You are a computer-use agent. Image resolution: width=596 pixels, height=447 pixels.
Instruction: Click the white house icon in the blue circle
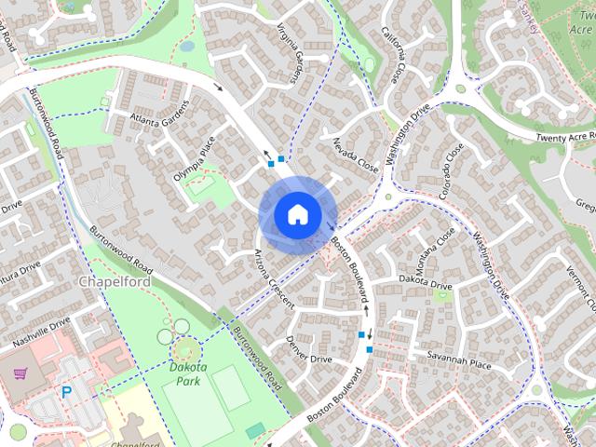coord(296,214)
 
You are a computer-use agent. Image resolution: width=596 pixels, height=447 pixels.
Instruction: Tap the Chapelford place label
coord(115,281)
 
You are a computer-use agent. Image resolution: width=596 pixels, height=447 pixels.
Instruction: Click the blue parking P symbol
coord(66,393)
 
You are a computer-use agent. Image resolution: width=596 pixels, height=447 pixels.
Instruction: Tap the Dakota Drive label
coord(425,280)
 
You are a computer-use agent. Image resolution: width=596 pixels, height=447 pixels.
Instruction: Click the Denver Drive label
coord(309,351)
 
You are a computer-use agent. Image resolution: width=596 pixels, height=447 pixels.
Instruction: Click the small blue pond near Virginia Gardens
coord(186,45)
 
